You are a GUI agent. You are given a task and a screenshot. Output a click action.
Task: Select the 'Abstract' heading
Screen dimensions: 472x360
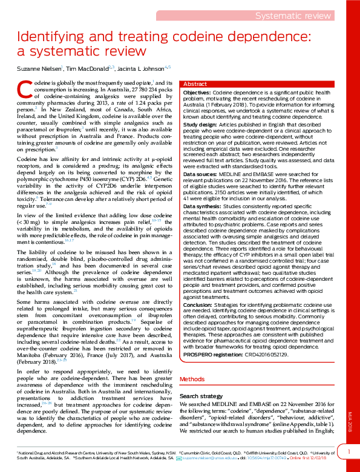[194, 84]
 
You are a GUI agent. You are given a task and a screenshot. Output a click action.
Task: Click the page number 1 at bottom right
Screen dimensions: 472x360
[348, 451]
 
